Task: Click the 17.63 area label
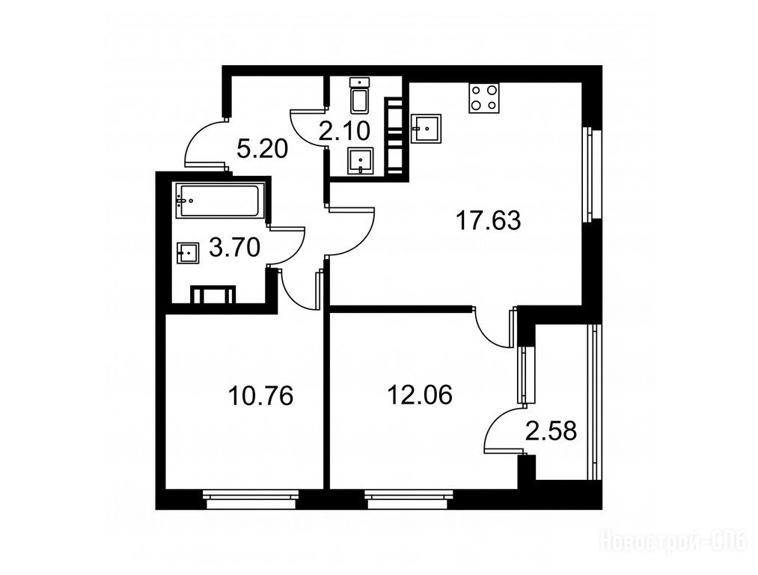coord(489,221)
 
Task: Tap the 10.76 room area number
coord(260,396)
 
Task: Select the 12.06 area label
coord(420,395)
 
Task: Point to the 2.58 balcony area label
coord(551,431)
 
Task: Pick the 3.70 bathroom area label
coord(234,248)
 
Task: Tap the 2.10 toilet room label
coord(344,130)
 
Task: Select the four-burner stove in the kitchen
coord(484,98)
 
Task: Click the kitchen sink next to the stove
coord(427,128)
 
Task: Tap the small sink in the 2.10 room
coord(360,161)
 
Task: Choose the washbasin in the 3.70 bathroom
coord(188,253)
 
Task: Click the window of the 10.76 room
coord(251,499)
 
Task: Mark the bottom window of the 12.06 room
coord(409,499)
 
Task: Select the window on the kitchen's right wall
coord(590,174)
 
